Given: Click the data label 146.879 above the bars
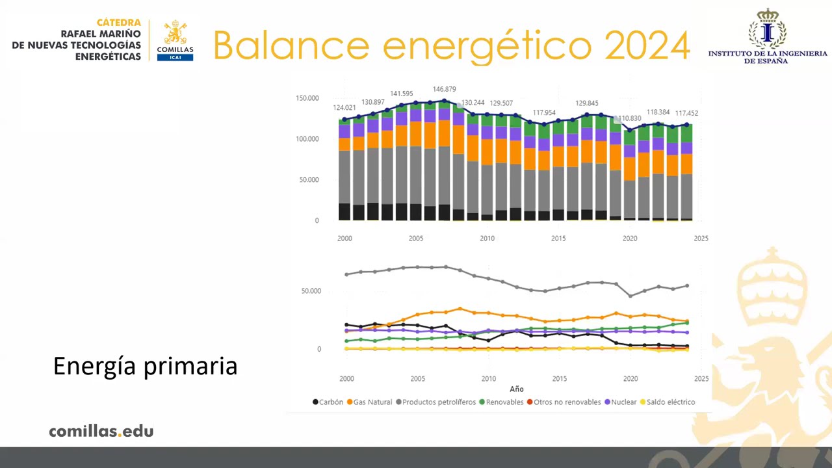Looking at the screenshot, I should pos(445,89).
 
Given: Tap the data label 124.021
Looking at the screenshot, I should pos(344,108).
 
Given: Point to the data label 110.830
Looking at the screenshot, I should pos(630,119).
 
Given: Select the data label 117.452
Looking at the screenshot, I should pos(686,113).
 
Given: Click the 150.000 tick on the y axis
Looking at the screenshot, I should pos(307,98).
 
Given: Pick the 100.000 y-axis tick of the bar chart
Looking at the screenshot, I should pos(307,139).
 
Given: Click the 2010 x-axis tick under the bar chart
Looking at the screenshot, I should pos(487,239).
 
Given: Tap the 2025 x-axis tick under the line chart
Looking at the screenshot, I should pos(701,378).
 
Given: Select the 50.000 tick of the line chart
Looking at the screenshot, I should pos(311,291).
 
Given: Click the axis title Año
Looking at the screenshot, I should pos(516,389).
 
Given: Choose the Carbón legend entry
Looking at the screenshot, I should pos(328,402).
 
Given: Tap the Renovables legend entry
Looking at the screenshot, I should pos(501,402).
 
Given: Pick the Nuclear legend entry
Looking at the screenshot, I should pos(621,402).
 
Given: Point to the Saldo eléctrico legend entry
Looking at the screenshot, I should pos(668,402).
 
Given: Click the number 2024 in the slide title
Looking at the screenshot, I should pos(647,45).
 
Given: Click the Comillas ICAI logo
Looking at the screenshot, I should pos(175,40).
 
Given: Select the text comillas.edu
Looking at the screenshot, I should pos(101,431).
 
